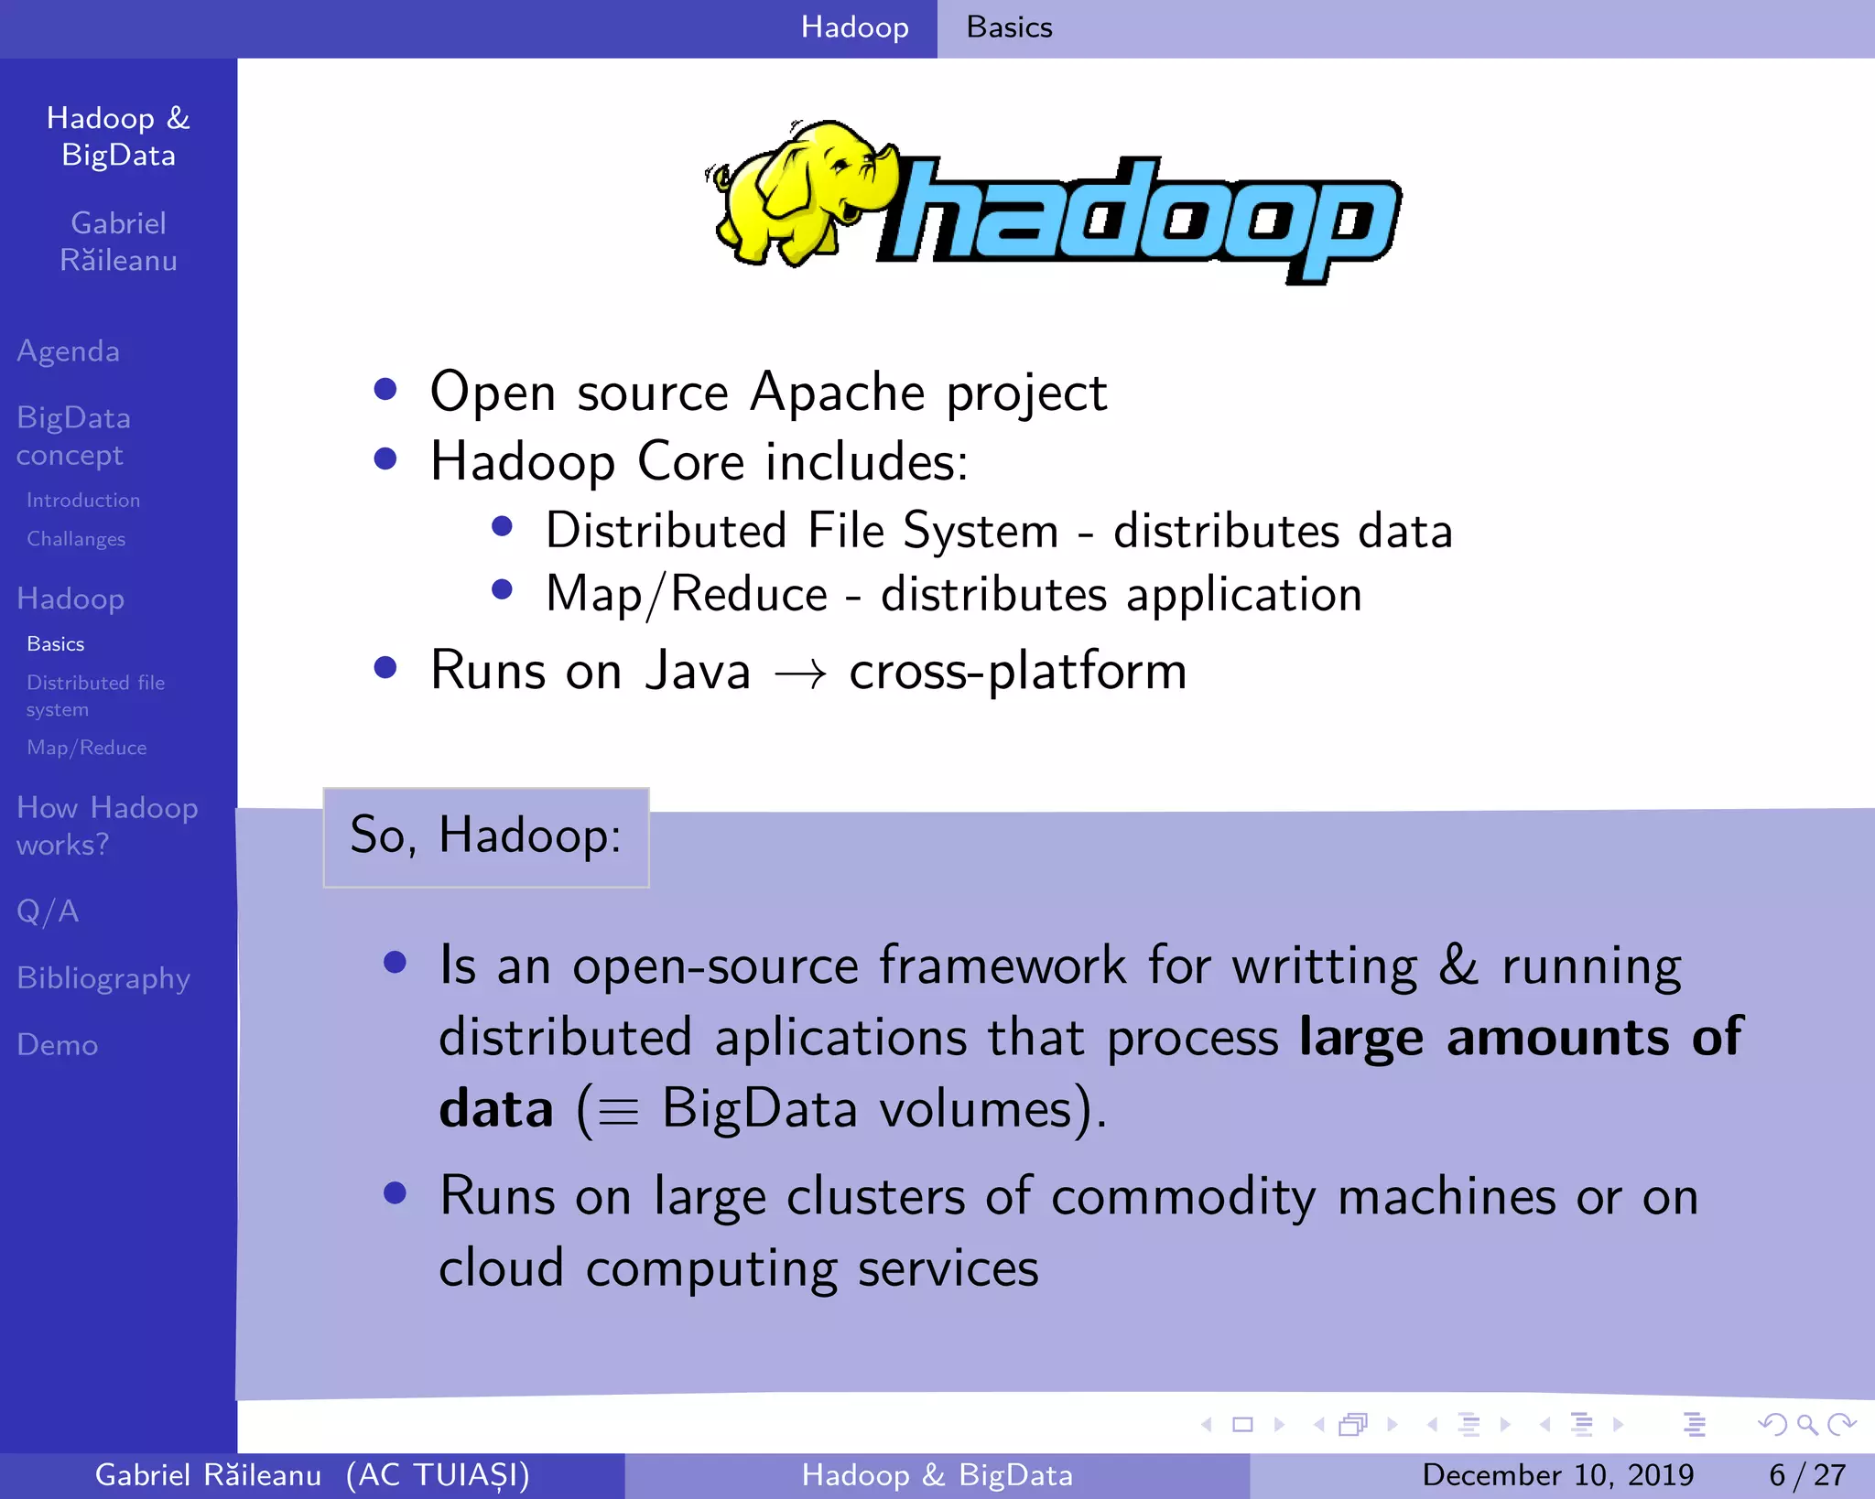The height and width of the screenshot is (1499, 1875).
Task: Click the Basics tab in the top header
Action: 1009,27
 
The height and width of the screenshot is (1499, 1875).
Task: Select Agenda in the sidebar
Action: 69,351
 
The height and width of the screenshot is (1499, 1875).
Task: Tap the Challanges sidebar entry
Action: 76,539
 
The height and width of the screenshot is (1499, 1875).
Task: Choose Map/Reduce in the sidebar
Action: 87,748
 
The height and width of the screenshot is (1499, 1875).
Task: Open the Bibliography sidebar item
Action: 103,978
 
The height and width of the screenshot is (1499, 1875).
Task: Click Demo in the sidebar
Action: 57,1045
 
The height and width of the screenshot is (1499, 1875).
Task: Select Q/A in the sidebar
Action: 48,911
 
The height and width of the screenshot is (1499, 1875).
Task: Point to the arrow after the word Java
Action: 800,675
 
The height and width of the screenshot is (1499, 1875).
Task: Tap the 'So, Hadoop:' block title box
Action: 486,836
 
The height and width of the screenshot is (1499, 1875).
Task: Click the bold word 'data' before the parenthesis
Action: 496,1109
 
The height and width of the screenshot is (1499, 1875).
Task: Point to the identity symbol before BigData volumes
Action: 618,1113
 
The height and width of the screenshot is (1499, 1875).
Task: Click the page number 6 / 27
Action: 1806,1475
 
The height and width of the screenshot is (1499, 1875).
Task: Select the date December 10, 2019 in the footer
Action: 1557,1475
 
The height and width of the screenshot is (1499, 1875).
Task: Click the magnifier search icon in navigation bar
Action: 1806,1424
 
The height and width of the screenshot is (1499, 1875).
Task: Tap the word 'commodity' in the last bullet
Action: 1184,1197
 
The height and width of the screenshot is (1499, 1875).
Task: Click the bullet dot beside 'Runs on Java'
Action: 385,668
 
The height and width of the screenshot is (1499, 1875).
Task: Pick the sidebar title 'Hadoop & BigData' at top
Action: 118,136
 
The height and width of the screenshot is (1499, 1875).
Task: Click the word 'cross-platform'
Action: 1017,672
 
